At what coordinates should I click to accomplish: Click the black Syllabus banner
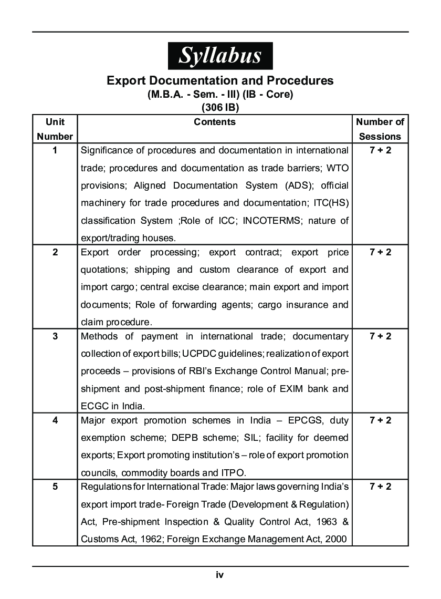(x=220, y=55)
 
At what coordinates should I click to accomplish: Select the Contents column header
(x=215, y=122)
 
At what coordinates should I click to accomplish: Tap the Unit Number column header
(x=55, y=129)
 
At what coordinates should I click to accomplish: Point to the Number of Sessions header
(x=380, y=129)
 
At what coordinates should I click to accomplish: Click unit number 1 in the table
(x=55, y=150)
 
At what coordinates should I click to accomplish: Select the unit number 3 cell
(x=55, y=336)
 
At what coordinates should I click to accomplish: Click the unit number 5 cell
(x=55, y=487)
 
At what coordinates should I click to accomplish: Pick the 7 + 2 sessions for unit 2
(x=380, y=252)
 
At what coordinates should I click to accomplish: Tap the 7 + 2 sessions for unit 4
(x=380, y=420)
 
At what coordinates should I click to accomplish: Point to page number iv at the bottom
(x=220, y=575)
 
